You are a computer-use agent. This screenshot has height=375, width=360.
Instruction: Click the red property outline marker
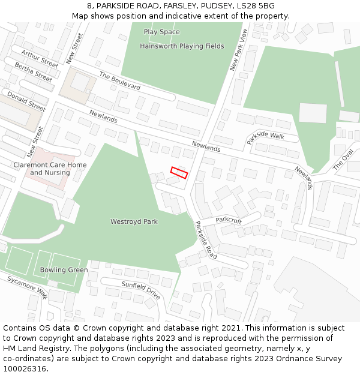[179, 172]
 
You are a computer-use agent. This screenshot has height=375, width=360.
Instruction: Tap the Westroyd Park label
[134, 221]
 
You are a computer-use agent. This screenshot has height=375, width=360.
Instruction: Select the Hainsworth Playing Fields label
[182, 46]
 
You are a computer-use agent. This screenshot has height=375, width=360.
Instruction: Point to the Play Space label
[161, 32]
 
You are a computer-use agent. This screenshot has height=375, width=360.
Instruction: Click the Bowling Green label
[64, 269]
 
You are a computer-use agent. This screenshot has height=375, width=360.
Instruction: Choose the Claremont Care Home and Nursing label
[50, 169]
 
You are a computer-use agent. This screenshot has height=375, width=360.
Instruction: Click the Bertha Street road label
[34, 72]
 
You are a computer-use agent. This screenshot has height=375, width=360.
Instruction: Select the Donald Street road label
[26, 101]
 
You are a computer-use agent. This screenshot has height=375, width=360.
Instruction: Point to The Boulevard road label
[120, 82]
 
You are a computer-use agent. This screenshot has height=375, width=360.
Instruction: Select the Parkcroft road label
[229, 220]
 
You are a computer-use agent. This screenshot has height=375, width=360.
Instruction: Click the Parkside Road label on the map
[206, 239]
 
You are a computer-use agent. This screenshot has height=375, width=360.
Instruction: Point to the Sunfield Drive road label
[141, 290]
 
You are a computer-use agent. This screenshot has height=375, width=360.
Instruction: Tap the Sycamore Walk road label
[28, 287]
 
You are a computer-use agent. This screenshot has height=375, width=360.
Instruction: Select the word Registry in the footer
[79, 349]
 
